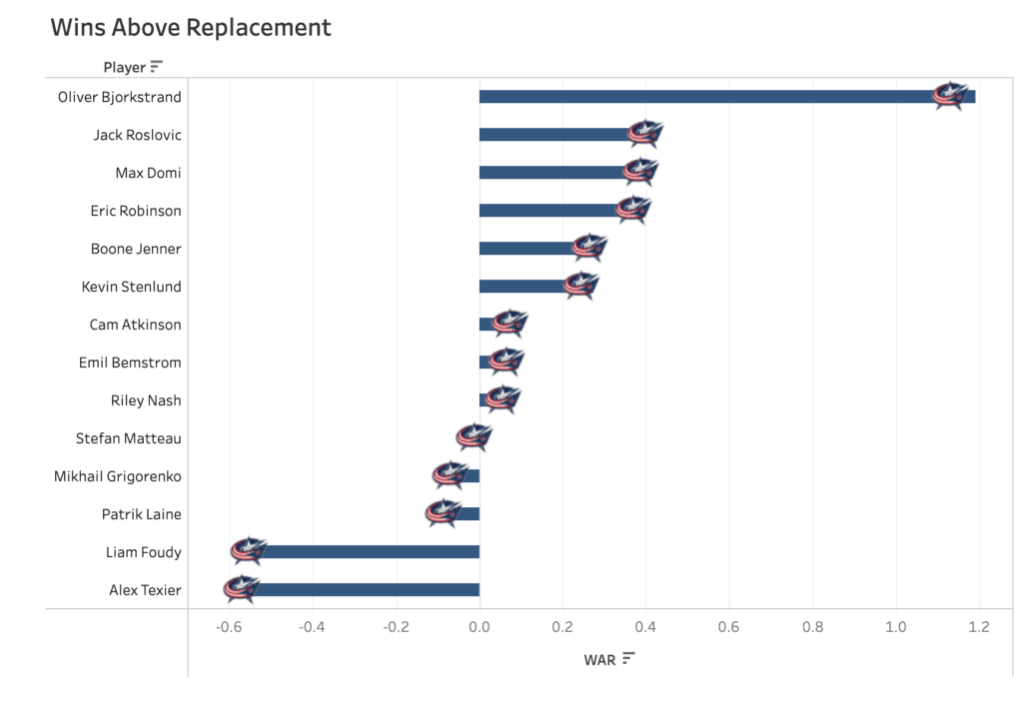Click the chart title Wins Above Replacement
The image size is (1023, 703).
coord(191,27)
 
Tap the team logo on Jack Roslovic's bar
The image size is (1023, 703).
coord(645,134)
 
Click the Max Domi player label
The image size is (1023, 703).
coord(148,173)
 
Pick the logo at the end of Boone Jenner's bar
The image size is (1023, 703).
coord(589,248)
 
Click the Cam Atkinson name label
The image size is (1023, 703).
coord(135,325)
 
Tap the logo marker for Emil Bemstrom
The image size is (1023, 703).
coord(507,361)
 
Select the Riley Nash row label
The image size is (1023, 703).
coord(146,400)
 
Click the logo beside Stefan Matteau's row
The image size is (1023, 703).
coord(474,437)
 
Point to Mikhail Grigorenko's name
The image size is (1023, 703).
coord(118,476)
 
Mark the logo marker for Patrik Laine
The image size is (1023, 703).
coord(442,513)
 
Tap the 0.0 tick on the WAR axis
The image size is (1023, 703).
coord(480,627)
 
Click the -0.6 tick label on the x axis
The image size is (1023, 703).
coord(229,627)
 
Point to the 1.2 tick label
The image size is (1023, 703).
coord(979,627)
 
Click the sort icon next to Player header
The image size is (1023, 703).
coord(156,67)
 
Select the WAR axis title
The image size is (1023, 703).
coord(599,659)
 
